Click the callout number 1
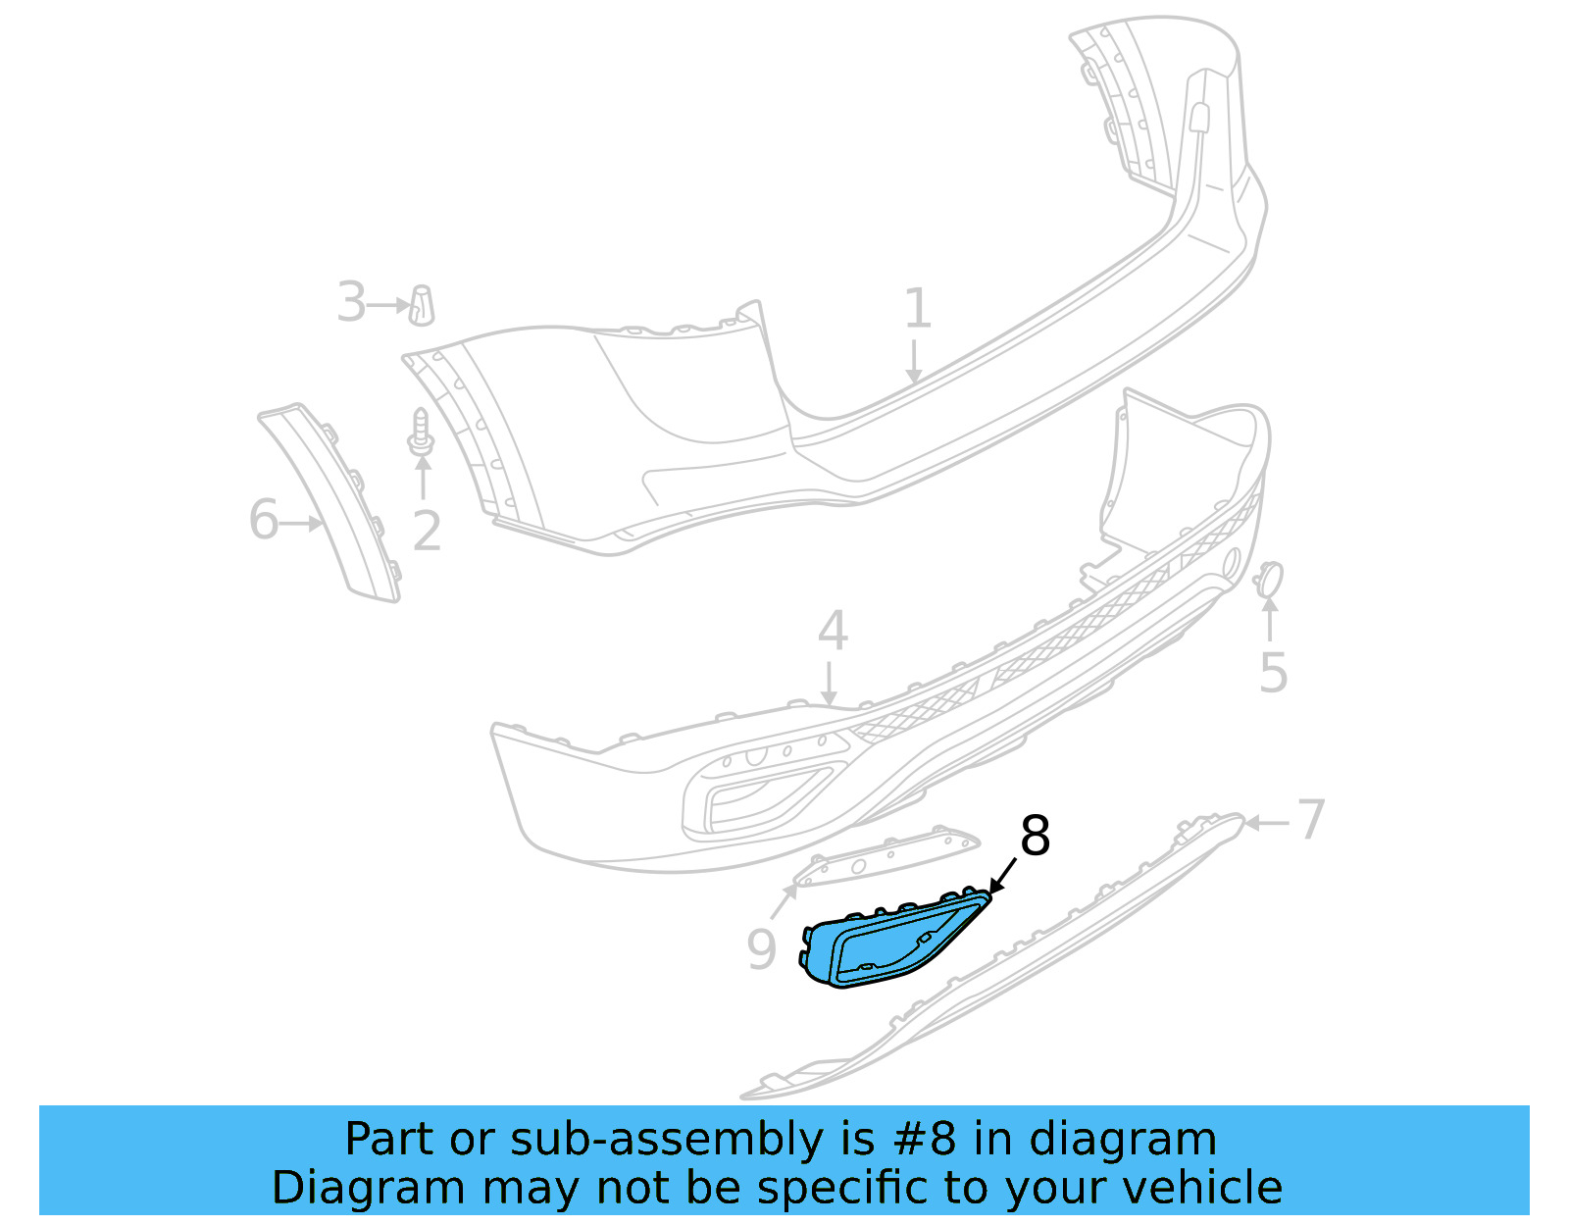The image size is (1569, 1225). click(917, 309)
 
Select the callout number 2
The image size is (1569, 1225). click(427, 532)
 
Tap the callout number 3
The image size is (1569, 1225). click(351, 302)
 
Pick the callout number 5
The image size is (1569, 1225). click(1273, 674)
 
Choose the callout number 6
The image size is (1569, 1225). click(263, 520)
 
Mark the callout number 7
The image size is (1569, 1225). click(1311, 819)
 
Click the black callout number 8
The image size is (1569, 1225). click(1035, 837)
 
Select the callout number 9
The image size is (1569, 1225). click(761, 949)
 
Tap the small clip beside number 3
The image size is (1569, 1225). click(422, 305)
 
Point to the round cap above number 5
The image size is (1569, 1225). click(1270, 579)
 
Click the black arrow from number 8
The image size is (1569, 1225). click(1003, 875)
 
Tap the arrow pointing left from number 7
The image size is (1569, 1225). click(1267, 823)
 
